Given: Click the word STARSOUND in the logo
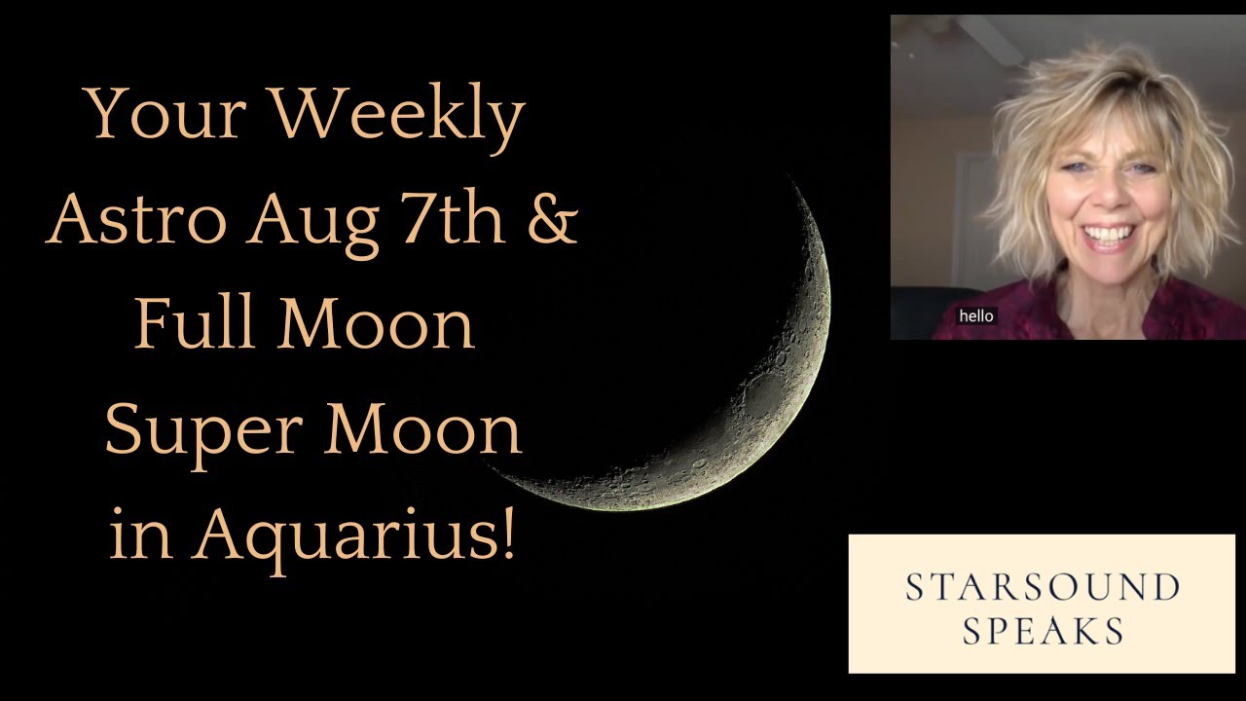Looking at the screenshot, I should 1042,587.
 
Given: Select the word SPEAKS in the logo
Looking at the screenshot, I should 1042,631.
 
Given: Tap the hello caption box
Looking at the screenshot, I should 975,315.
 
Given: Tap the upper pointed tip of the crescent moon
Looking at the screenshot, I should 790,182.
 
